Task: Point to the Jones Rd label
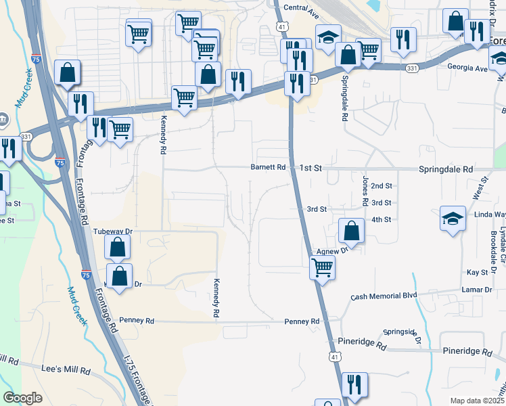point(365,191)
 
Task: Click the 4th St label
point(382,219)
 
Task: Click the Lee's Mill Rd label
point(66,370)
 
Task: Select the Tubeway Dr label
point(110,231)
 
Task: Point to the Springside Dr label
point(402,333)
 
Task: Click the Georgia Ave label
point(467,68)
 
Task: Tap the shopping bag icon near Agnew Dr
point(351,231)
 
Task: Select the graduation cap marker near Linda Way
point(453,219)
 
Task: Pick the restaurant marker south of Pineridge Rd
point(354,384)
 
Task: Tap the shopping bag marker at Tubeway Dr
point(118,248)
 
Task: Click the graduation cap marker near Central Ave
point(328,37)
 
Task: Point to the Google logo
point(23,398)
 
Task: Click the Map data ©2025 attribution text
point(476,401)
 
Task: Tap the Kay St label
point(477,272)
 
